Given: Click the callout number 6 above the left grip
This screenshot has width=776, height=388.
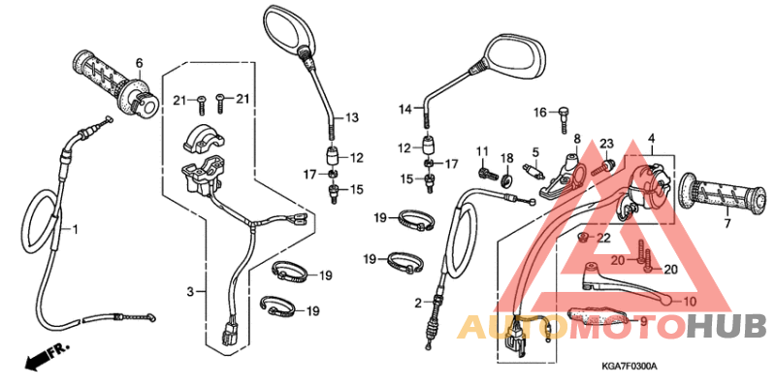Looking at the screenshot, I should (x=139, y=64).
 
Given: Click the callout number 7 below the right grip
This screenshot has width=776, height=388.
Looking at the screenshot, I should (x=727, y=225).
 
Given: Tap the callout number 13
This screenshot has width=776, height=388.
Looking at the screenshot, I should (x=351, y=117).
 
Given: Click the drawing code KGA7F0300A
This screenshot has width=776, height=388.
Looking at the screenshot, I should (x=628, y=366).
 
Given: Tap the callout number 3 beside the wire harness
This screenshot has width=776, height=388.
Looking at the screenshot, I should (x=191, y=290).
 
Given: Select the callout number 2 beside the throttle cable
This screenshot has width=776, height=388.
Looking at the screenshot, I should (x=418, y=304).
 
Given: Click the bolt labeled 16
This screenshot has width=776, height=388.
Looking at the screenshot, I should (x=561, y=120).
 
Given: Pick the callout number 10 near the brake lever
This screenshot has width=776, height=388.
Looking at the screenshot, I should (x=689, y=303).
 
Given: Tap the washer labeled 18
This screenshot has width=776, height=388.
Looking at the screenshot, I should (x=507, y=179).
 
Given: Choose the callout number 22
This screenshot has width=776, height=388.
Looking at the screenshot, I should (x=602, y=238).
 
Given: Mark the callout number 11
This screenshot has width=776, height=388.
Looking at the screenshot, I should (x=481, y=150).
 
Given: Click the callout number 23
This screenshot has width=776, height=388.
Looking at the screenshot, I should (x=607, y=145).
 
